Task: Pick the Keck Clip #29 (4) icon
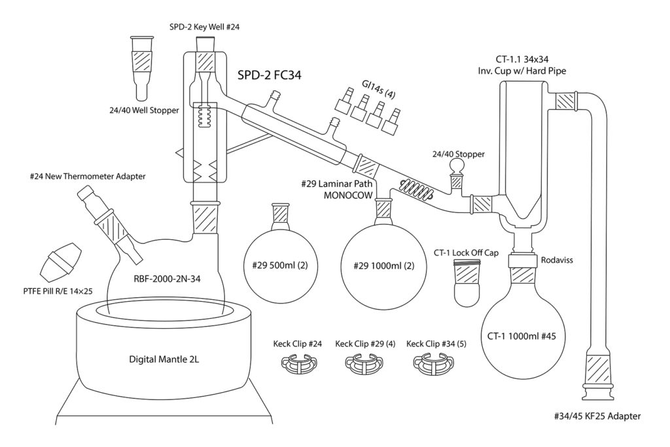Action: (x=363, y=363)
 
